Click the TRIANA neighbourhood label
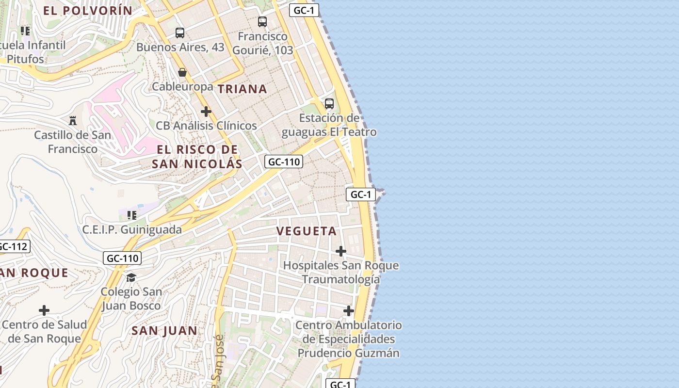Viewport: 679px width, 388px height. tap(242, 89)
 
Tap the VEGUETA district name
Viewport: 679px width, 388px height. tap(307, 231)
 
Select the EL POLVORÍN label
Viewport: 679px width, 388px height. tap(88, 10)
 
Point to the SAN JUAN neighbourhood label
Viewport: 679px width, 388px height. tap(165, 331)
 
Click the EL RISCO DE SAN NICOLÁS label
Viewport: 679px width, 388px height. tap(197, 157)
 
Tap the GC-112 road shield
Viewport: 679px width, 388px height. tap(13, 246)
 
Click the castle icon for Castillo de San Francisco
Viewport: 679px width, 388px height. tap(73, 120)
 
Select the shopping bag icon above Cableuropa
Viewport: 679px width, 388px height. tap(182, 72)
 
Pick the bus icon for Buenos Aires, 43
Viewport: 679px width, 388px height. tap(180, 33)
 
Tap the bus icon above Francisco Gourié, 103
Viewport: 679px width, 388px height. tap(262, 21)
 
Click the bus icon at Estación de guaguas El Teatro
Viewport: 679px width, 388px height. tap(329, 103)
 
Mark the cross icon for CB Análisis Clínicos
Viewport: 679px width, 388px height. tap(206, 112)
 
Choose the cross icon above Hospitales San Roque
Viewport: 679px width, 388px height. tap(341, 251)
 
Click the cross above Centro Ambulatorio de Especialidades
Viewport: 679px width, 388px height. tap(348, 310)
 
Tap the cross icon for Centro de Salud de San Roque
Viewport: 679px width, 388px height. tap(44, 310)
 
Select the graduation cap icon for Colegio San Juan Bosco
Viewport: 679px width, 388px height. tap(131, 277)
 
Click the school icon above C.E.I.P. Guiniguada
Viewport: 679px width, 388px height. tap(131, 215)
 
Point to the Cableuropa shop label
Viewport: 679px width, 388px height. tap(182, 86)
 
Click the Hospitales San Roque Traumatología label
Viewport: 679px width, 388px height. tap(341, 273)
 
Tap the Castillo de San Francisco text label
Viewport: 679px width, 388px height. tap(73, 142)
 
